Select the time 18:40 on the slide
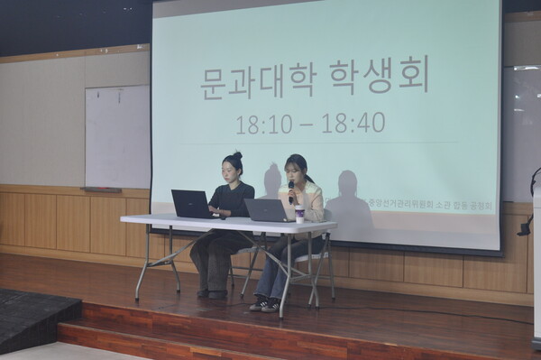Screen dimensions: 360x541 point(353,123)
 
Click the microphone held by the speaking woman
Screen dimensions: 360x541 point(291,188)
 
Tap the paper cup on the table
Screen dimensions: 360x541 point(299,214)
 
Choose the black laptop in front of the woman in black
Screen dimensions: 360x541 point(192,204)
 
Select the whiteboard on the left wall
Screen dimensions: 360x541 point(116,136)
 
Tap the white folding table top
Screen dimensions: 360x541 point(225,222)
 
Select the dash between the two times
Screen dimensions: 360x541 point(309,124)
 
